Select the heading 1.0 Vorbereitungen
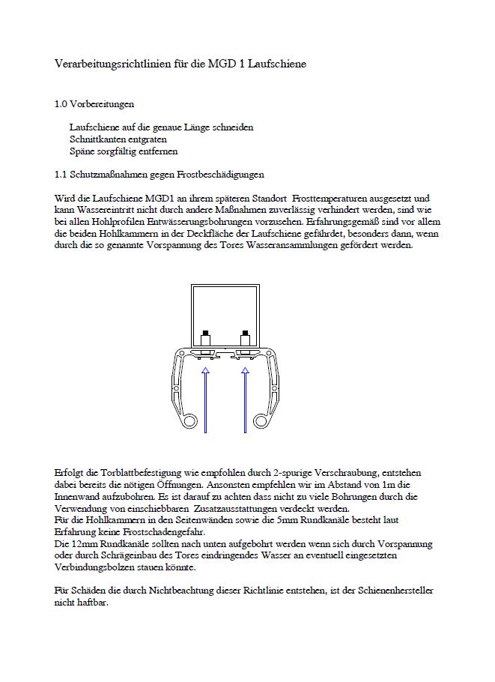click(x=94, y=104)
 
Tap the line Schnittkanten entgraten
click(x=118, y=139)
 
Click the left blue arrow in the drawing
click(x=206, y=397)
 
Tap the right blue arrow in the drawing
click(x=245, y=397)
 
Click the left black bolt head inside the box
click(x=205, y=333)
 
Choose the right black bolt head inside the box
click(x=245, y=333)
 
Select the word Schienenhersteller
click(x=389, y=591)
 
